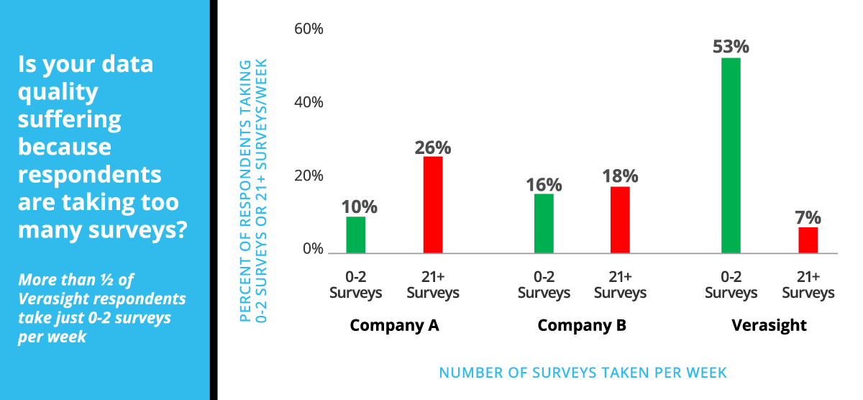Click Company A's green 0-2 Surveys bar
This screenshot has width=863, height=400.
(355, 235)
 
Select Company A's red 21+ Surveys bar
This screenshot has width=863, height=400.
(433, 204)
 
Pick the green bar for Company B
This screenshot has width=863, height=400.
(544, 224)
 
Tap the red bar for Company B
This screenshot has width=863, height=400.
(620, 219)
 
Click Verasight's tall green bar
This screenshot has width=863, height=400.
(731, 155)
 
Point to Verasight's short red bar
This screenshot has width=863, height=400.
(808, 240)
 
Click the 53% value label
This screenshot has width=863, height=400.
(731, 47)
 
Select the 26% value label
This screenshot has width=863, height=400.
(433, 147)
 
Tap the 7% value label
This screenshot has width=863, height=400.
(808, 217)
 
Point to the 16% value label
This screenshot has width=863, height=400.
(544, 184)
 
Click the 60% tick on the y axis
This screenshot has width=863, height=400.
(309, 29)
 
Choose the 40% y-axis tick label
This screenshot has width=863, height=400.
(309, 102)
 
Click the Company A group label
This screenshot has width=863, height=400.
(394, 325)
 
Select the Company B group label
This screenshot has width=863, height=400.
(582, 325)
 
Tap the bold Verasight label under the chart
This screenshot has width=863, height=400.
(769, 325)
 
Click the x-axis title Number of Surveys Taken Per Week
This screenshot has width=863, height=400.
(583, 373)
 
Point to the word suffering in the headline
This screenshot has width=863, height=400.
(69, 119)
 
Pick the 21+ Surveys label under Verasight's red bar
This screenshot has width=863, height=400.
(808, 285)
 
